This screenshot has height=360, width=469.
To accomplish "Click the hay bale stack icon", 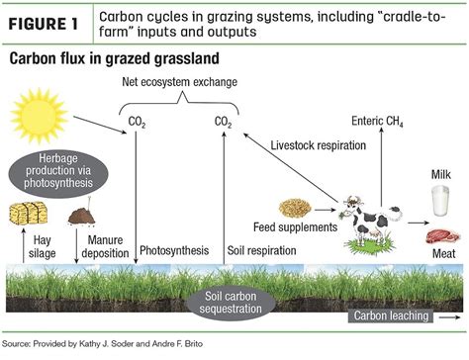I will pyautogui.click(x=27, y=213).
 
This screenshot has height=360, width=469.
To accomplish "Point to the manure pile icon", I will pyautogui.click(x=81, y=214).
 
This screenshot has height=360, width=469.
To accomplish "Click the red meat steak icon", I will pyautogui.click(x=440, y=237).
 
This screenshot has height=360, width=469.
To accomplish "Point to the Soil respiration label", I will pyautogui.click(x=261, y=251).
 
